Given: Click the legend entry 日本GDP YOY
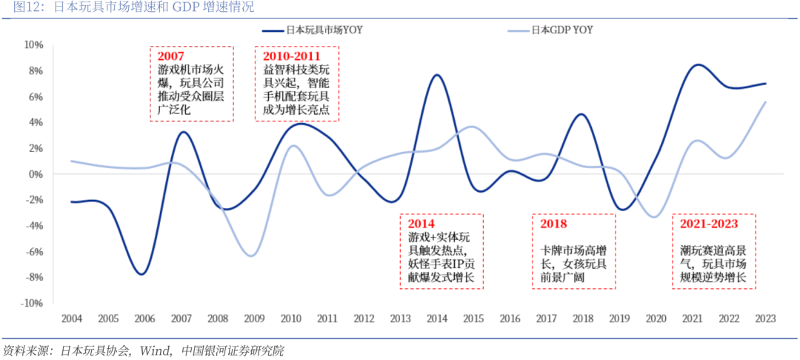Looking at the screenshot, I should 561,30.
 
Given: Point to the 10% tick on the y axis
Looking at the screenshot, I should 34,45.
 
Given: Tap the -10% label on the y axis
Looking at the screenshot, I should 32,304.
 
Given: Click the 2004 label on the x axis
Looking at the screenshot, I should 71,319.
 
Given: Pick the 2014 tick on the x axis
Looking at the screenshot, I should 436,319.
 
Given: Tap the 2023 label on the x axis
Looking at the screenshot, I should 764,319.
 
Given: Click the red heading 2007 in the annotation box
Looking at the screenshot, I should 171,56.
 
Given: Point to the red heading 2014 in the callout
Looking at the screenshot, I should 421,223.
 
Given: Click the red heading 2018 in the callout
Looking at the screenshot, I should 553,223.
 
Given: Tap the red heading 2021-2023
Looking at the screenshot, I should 710,223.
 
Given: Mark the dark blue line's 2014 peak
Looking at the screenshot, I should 436,75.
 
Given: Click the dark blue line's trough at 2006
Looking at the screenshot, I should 141,274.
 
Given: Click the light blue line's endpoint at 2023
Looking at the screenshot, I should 764,102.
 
